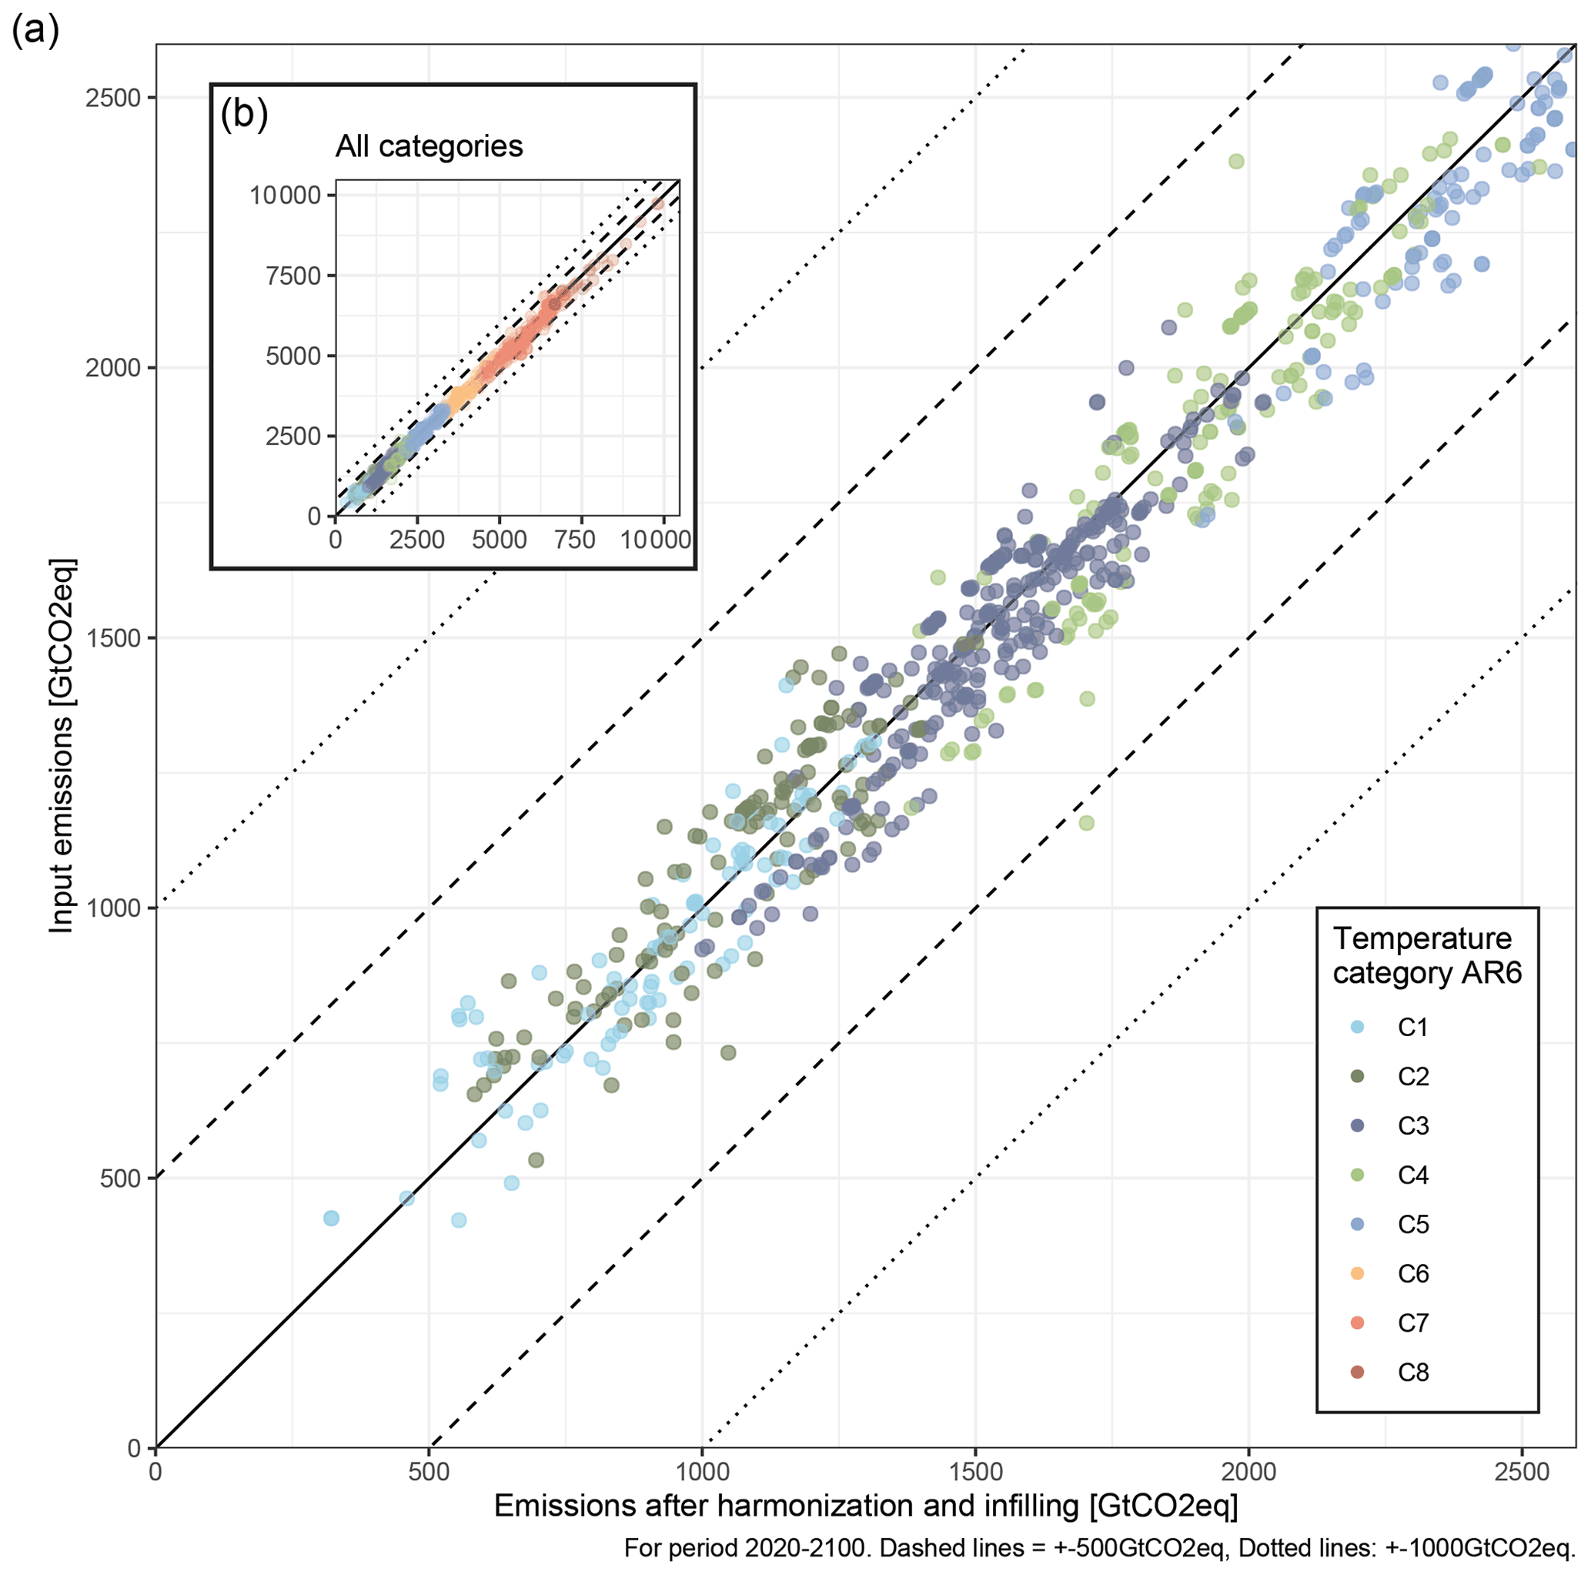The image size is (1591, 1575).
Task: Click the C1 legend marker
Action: tap(1357, 1026)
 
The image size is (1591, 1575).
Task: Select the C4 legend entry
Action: tap(1412, 1175)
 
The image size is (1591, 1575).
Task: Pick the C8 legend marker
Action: tap(1357, 1372)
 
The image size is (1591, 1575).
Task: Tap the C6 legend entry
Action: tap(1412, 1273)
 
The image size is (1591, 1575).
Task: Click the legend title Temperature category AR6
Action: tap(1426, 955)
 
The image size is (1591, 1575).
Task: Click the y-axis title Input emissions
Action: tap(62, 745)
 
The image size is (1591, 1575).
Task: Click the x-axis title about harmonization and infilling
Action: tap(865, 1505)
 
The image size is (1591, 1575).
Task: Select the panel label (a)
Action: tap(35, 32)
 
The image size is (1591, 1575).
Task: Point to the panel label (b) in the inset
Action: tap(244, 114)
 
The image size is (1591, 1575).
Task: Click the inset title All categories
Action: tap(429, 146)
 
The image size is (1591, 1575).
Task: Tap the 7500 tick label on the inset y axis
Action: tap(293, 276)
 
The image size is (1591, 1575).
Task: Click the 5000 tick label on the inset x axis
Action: tap(500, 540)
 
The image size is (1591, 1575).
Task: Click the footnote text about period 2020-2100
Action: tap(1098, 1548)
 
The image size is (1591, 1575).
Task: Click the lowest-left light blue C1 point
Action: tap(331, 1219)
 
